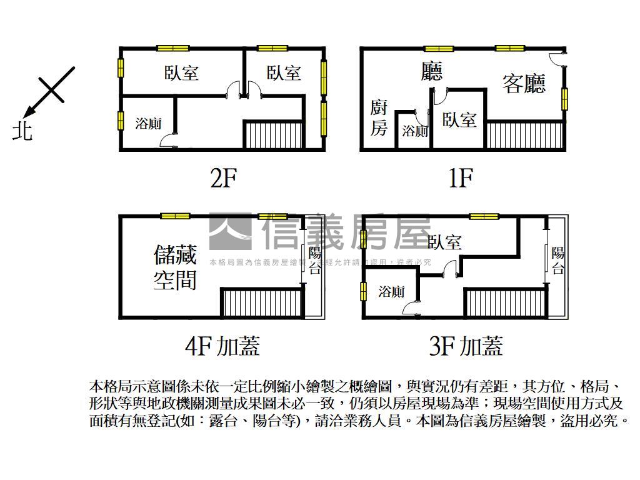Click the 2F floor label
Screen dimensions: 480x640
click(x=223, y=179)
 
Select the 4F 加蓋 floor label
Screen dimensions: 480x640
click(x=222, y=345)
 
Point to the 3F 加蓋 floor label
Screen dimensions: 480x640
click(x=466, y=345)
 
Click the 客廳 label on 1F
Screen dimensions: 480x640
click(x=524, y=83)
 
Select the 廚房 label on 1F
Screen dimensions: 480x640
click(x=379, y=117)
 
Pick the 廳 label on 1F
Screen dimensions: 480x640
click(x=431, y=71)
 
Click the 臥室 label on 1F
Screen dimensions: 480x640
click(x=459, y=119)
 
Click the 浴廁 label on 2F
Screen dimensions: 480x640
click(x=149, y=123)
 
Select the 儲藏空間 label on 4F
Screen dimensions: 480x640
click(x=176, y=267)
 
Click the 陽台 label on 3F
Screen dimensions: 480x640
click(x=557, y=261)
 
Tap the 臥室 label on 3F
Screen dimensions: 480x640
click(x=445, y=242)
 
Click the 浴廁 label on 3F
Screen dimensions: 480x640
click(x=391, y=291)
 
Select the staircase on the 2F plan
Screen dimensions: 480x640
click(x=273, y=135)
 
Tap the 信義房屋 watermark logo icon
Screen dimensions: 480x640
click(x=230, y=231)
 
